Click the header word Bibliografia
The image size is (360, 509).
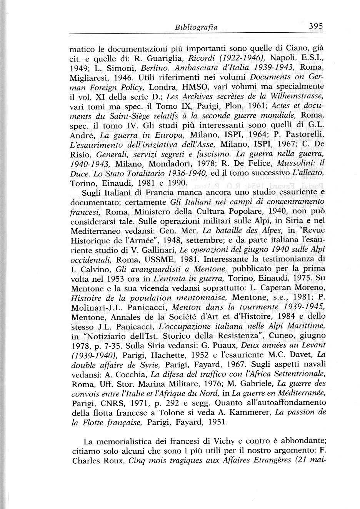tap(196, 27)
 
